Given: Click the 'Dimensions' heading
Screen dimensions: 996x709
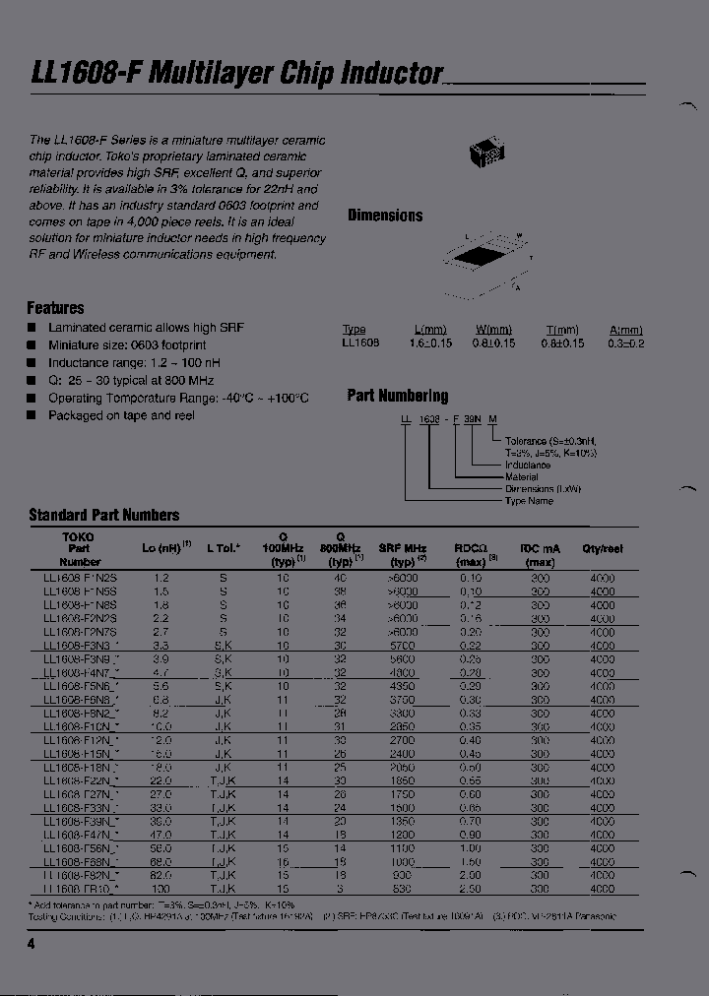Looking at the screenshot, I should pos(385,216).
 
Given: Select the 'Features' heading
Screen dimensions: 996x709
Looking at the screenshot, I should pos(55,308).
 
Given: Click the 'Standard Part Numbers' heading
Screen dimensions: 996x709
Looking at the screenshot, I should pos(104,515).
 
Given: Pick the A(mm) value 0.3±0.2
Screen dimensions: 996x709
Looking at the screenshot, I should pos(625,343).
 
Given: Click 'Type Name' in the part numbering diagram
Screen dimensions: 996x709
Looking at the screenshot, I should pos(529,501).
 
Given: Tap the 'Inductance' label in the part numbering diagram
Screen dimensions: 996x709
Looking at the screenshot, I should pos(528,465).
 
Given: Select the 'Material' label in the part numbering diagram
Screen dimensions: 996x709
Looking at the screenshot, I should pos(522,476).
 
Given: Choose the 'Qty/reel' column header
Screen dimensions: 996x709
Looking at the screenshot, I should pos(602,549).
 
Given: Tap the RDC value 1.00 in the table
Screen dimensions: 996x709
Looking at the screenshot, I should pos(471,847).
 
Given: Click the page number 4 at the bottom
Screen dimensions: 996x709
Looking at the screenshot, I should pos(31,944).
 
